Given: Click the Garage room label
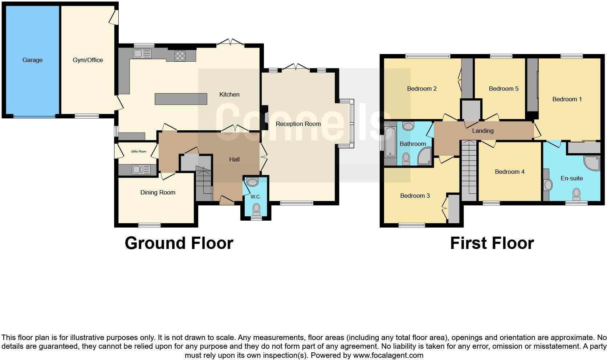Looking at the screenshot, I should [x=32, y=60].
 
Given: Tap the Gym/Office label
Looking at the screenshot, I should [x=87, y=60].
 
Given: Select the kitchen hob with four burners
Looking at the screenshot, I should [x=180, y=56].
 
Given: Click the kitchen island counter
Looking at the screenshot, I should [x=181, y=99].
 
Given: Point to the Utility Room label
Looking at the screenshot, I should [x=138, y=151].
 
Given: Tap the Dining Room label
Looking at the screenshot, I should [x=158, y=193].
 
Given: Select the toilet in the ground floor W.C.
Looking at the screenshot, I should [x=257, y=208].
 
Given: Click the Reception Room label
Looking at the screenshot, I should [x=298, y=124].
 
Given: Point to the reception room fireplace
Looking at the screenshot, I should [x=265, y=118].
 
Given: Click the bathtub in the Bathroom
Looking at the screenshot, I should [x=390, y=142].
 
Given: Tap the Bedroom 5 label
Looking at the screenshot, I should [x=504, y=89].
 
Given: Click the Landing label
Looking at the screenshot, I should [x=482, y=131].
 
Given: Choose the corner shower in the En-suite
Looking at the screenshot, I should [x=592, y=163].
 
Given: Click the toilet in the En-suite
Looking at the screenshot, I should [x=576, y=194].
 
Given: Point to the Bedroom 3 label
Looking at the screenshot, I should [x=415, y=196].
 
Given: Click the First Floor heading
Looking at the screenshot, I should [x=492, y=243].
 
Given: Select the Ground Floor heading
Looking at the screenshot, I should [x=179, y=243].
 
